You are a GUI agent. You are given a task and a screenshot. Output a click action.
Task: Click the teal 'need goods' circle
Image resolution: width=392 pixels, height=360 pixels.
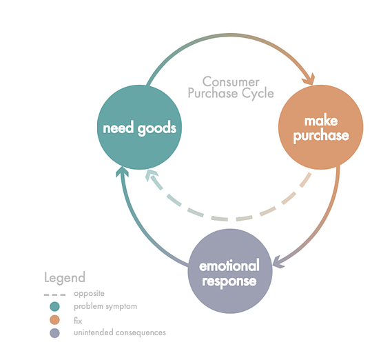[x=139, y=127]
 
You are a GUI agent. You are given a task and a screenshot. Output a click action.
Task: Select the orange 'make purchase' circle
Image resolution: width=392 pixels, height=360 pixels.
[x=321, y=127]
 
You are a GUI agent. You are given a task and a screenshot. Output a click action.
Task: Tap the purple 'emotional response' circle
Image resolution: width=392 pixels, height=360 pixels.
[x=230, y=271]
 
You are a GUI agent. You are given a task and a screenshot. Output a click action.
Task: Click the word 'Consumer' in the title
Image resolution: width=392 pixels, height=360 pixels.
[x=231, y=82]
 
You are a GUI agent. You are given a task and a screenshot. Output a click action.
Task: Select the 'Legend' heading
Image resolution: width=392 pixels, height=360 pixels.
[x=65, y=278]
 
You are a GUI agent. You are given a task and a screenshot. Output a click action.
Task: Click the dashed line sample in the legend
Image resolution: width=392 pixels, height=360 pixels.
[x=54, y=294]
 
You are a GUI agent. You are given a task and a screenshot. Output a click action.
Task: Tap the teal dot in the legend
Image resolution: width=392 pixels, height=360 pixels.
[x=54, y=306]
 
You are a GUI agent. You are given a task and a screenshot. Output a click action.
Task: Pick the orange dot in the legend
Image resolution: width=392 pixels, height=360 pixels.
[x=54, y=320]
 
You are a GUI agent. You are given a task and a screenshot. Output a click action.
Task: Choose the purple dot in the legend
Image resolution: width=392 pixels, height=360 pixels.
[x=54, y=333]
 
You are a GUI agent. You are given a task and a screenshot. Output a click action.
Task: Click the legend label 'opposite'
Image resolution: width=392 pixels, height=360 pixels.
[x=89, y=293]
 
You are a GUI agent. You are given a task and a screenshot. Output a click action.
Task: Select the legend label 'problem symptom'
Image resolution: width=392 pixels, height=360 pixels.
[x=105, y=306]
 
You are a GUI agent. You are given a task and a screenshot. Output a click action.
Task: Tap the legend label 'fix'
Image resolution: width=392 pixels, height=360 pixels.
[x=78, y=321]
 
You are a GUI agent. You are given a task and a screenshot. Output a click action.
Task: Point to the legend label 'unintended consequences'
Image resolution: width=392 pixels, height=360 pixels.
[x=120, y=332]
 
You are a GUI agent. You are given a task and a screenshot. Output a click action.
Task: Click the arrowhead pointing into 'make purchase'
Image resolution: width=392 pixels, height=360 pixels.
[x=309, y=79]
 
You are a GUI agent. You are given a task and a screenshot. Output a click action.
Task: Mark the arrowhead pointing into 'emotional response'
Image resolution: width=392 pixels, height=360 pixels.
[x=278, y=262]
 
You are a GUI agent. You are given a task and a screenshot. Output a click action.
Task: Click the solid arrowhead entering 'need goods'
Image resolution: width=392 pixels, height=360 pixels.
[x=122, y=172]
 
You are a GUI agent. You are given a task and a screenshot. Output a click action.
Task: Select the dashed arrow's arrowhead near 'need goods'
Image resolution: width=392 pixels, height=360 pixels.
[x=151, y=174]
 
